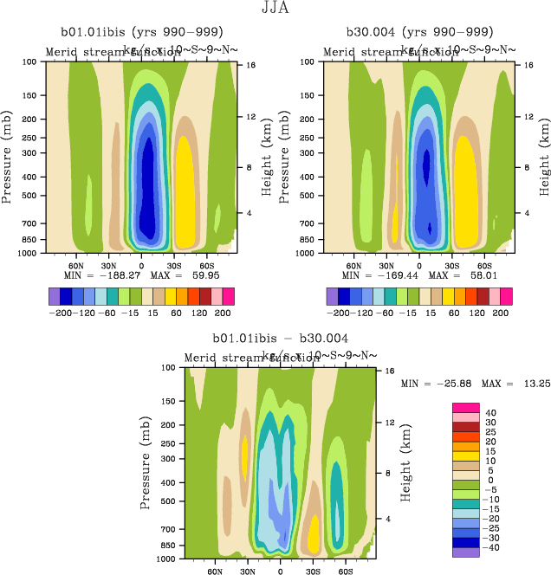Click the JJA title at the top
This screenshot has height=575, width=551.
pos(275,9)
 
